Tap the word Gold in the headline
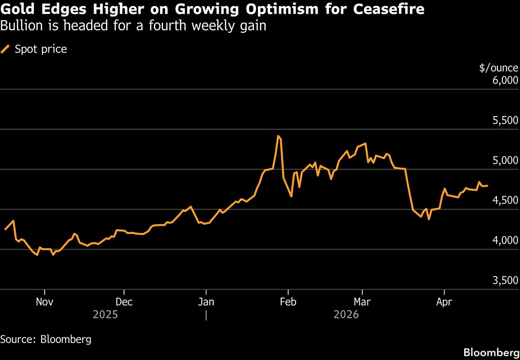tap(18, 9)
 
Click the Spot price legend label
tap(41, 49)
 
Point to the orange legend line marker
tap(5, 49)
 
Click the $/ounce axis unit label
tap(498, 68)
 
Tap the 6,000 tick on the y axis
tap(506, 81)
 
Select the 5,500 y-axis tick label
tap(506, 120)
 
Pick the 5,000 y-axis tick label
tap(506, 161)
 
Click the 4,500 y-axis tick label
tap(506, 201)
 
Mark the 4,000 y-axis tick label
tap(506, 241)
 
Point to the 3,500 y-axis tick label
tap(506, 281)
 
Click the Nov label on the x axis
tap(45, 302)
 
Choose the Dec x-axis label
tap(124, 302)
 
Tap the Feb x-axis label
tap(288, 302)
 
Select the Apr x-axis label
tap(444, 302)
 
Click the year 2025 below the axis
tap(105, 315)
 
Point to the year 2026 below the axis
tap(346, 315)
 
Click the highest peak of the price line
tap(278, 136)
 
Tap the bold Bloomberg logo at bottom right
tap(491, 352)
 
